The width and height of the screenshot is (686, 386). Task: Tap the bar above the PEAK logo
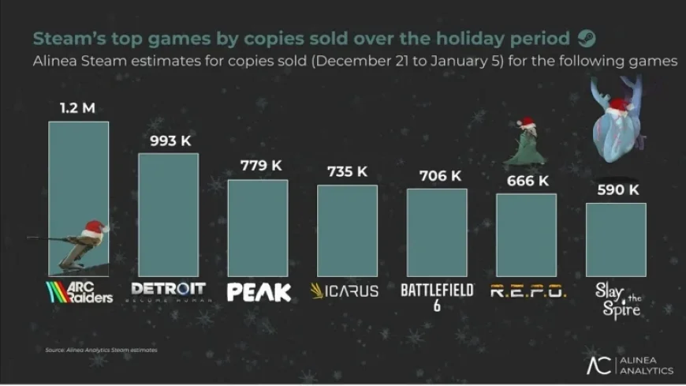pyautogui.click(x=258, y=228)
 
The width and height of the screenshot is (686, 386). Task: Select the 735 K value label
pyautogui.click(x=348, y=171)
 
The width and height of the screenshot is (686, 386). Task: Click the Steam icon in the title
pyautogui.click(x=587, y=39)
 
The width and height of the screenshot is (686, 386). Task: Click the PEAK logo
pyautogui.click(x=259, y=292)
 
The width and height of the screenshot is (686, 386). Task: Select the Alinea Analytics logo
pyautogui.click(x=628, y=364)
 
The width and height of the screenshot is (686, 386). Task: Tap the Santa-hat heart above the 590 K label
pyautogui.click(x=619, y=122)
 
